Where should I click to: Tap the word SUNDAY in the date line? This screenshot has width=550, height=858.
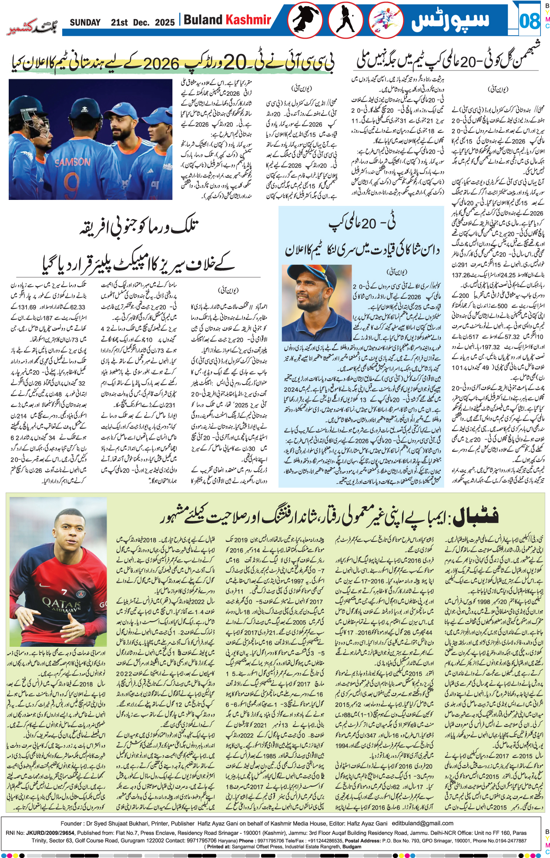point(85,22)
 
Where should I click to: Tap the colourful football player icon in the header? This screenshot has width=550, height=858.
point(386,20)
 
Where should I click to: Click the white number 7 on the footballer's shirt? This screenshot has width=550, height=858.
point(64,591)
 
